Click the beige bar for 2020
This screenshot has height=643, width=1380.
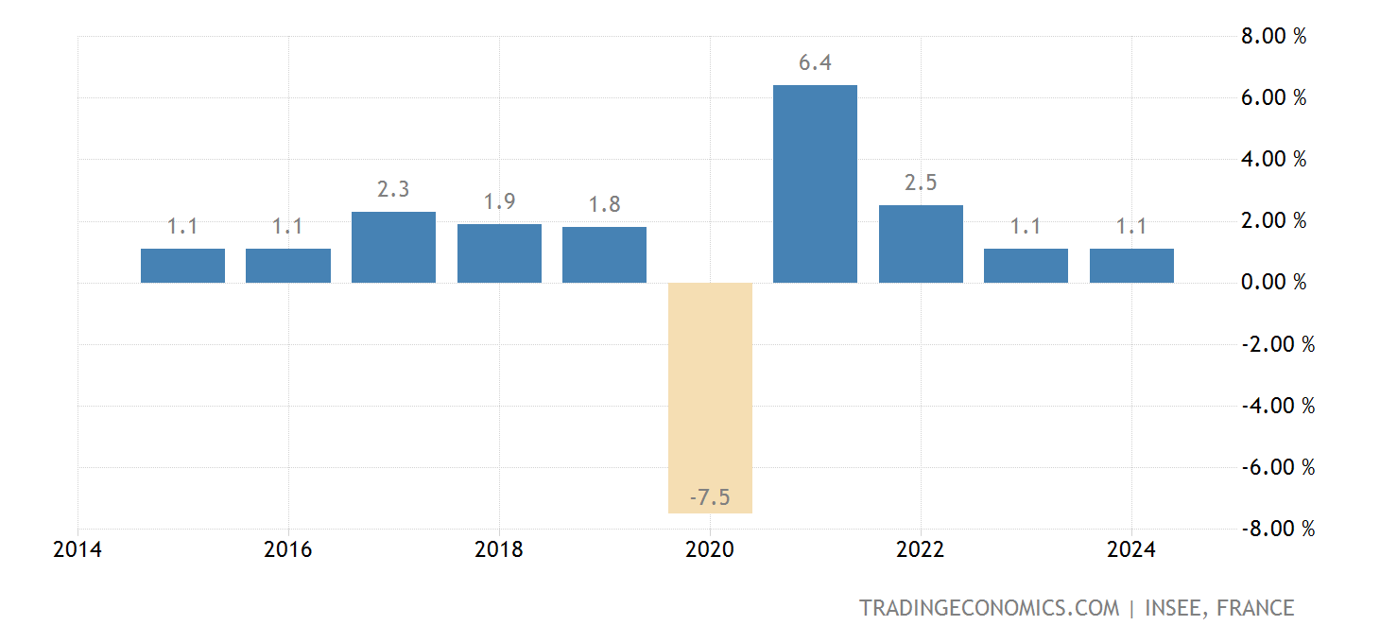click(x=710, y=397)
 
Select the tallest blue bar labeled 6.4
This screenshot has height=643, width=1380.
click(x=815, y=183)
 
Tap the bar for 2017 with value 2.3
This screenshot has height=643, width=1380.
click(x=393, y=247)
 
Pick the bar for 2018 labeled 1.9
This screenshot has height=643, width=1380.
click(x=499, y=253)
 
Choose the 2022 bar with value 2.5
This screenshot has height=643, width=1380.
click(x=921, y=244)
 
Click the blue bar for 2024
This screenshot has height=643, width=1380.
click(x=1131, y=266)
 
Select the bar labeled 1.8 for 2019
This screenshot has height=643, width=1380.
click(x=604, y=254)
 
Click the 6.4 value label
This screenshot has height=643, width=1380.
click(x=815, y=64)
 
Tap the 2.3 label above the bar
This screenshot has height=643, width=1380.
click(x=393, y=190)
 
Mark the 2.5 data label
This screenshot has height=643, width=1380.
click(x=921, y=183)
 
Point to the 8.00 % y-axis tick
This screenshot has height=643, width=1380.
click(x=1273, y=37)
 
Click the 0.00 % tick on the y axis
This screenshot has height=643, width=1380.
click(x=1273, y=283)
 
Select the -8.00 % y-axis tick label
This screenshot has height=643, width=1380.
click(x=1277, y=529)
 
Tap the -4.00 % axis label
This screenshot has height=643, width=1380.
click(x=1277, y=406)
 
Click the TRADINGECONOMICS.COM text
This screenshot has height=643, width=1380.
click(x=989, y=608)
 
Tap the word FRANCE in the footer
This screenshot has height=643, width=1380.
click(x=1255, y=608)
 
